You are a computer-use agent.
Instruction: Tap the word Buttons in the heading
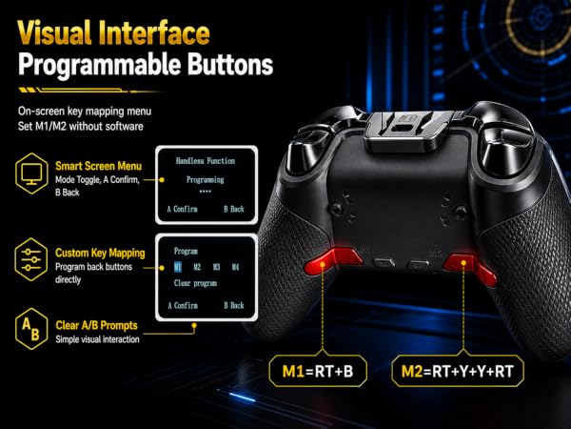coord(230,64)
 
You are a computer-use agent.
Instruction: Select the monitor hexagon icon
coord(31,173)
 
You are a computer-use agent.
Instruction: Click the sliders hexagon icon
coord(31,259)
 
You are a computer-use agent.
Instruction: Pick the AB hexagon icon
coord(31,329)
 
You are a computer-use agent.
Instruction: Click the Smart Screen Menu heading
coord(98,166)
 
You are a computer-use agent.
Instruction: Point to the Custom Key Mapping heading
coord(100,253)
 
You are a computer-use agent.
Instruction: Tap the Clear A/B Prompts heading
coord(96,325)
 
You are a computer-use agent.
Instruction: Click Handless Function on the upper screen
coord(206,161)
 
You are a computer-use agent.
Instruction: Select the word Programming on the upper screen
coord(206,179)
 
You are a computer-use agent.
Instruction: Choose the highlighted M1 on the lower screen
coord(178,267)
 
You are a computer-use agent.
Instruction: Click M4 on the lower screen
coord(235,267)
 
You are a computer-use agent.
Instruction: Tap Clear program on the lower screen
coord(195,283)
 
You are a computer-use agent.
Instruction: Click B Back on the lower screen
coord(234,305)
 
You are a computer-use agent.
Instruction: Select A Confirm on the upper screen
coord(183,209)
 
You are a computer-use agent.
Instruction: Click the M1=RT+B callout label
coord(318,371)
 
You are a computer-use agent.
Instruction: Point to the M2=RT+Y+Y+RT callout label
coord(458,371)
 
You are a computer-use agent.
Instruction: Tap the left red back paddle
coord(332,260)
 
